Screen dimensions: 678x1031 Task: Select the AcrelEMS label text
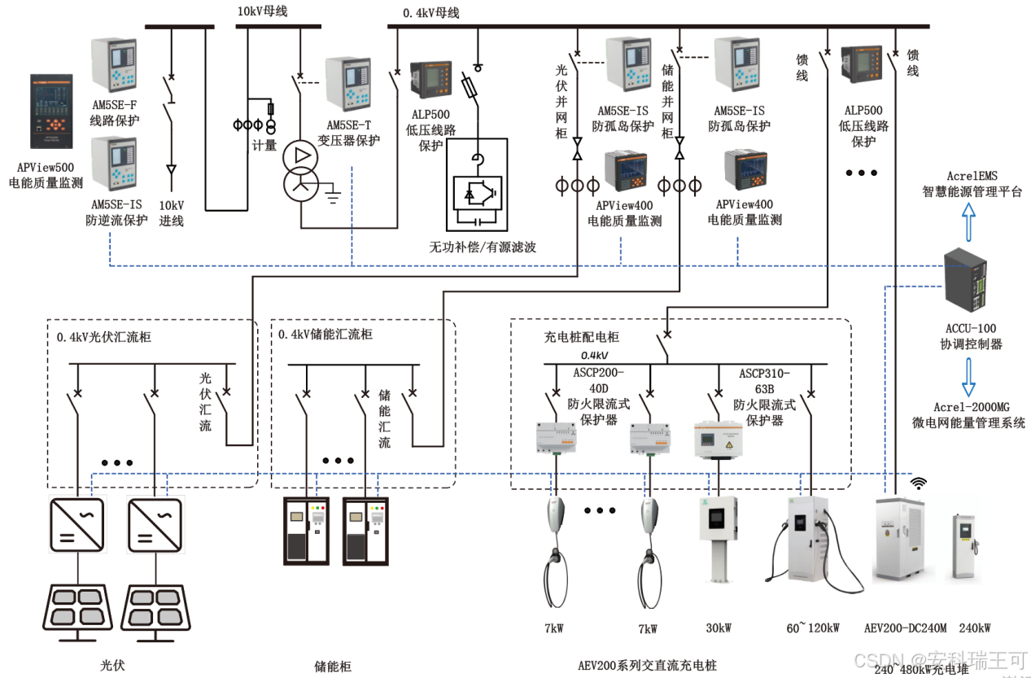pos(972,176)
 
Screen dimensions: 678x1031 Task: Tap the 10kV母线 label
pos(262,11)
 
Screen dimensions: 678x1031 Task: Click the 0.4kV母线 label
pos(431,13)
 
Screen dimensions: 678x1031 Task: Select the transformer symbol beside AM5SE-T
pos(301,171)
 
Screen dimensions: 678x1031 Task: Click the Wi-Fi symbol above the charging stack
pos(918,483)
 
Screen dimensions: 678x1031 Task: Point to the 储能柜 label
pos(332,666)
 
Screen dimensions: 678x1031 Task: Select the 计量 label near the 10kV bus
pos(265,146)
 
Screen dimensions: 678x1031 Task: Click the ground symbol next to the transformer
pos(334,193)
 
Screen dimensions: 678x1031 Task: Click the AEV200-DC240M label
pos(905,628)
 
